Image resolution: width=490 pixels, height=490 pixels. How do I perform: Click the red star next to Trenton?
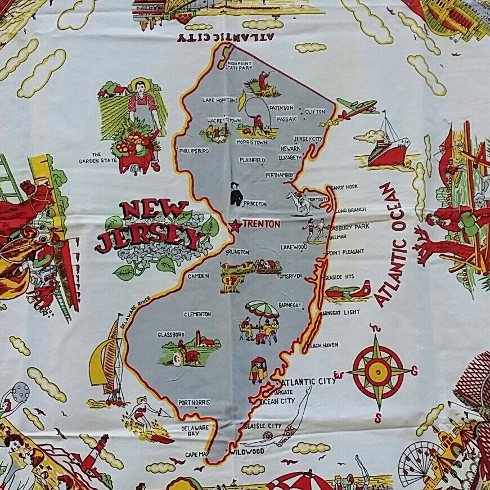click(235, 226)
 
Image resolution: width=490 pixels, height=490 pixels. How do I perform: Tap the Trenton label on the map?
click(261, 224)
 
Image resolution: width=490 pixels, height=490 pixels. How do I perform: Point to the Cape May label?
click(196, 454)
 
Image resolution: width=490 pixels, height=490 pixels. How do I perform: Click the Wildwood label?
click(248, 451)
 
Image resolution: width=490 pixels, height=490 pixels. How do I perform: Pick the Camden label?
click(199, 276)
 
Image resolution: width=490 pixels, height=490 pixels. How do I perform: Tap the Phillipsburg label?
click(194, 151)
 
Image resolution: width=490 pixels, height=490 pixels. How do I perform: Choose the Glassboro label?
click(171, 334)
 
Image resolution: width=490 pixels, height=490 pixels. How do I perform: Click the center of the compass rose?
click(377, 370)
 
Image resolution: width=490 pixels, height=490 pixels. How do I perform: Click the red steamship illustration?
click(388, 146)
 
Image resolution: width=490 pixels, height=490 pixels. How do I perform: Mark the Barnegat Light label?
click(341, 312)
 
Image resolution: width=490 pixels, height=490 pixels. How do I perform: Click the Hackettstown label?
click(223, 120)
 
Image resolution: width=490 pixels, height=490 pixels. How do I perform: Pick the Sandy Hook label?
click(344, 187)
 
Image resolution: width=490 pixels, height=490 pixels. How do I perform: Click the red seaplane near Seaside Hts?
click(349, 291)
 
